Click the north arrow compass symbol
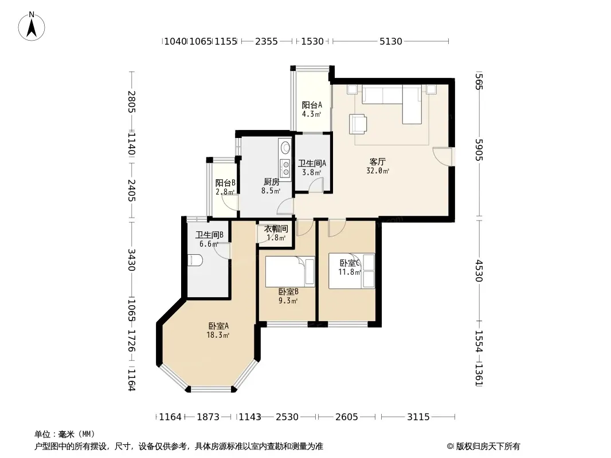(32, 26)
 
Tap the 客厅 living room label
(378, 161)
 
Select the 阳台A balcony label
(312, 105)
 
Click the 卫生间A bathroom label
(312, 163)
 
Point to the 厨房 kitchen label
(271, 181)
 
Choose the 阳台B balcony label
(225, 183)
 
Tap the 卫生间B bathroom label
(209, 235)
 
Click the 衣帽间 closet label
(276, 229)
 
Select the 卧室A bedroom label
(218, 326)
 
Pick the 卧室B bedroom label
(288, 291)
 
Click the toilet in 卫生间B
(194, 260)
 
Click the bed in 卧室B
(290, 271)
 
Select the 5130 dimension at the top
(391, 41)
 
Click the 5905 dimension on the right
(479, 150)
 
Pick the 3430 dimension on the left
(131, 260)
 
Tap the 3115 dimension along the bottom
(418, 417)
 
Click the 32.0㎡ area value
(378, 171)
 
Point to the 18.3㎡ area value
(218, 335)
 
